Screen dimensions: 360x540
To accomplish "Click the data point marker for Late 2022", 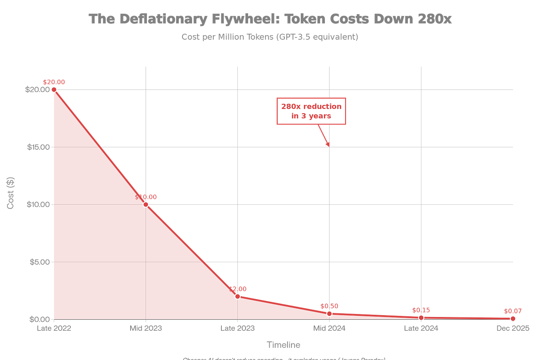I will pos(54,89).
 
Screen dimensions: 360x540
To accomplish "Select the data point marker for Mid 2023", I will pos(146,204).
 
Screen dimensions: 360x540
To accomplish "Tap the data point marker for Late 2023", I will pos(238,296).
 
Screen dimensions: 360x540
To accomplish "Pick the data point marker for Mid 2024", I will pos(329,314).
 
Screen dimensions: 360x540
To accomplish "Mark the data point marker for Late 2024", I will pos(421,318).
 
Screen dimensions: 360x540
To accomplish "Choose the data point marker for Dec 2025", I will pos(513,319).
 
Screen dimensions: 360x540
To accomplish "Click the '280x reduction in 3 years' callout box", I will pos(311,111).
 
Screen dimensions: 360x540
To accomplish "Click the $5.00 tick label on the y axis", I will pos(40,262).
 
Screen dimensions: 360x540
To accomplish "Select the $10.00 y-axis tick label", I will pos(38,205).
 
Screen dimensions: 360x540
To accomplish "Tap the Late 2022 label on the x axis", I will pos(54,328).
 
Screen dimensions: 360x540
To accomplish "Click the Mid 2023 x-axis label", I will pos(146,328).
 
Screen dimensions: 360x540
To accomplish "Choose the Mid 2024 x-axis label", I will pos(329,328).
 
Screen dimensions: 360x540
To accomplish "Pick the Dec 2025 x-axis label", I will pos(513,328).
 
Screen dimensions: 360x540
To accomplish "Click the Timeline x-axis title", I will pos(283,345).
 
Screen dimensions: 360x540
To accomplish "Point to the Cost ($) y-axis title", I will pos(10,193).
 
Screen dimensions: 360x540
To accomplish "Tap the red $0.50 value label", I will pos(329,306).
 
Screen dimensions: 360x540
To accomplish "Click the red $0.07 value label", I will pos(513,311).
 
